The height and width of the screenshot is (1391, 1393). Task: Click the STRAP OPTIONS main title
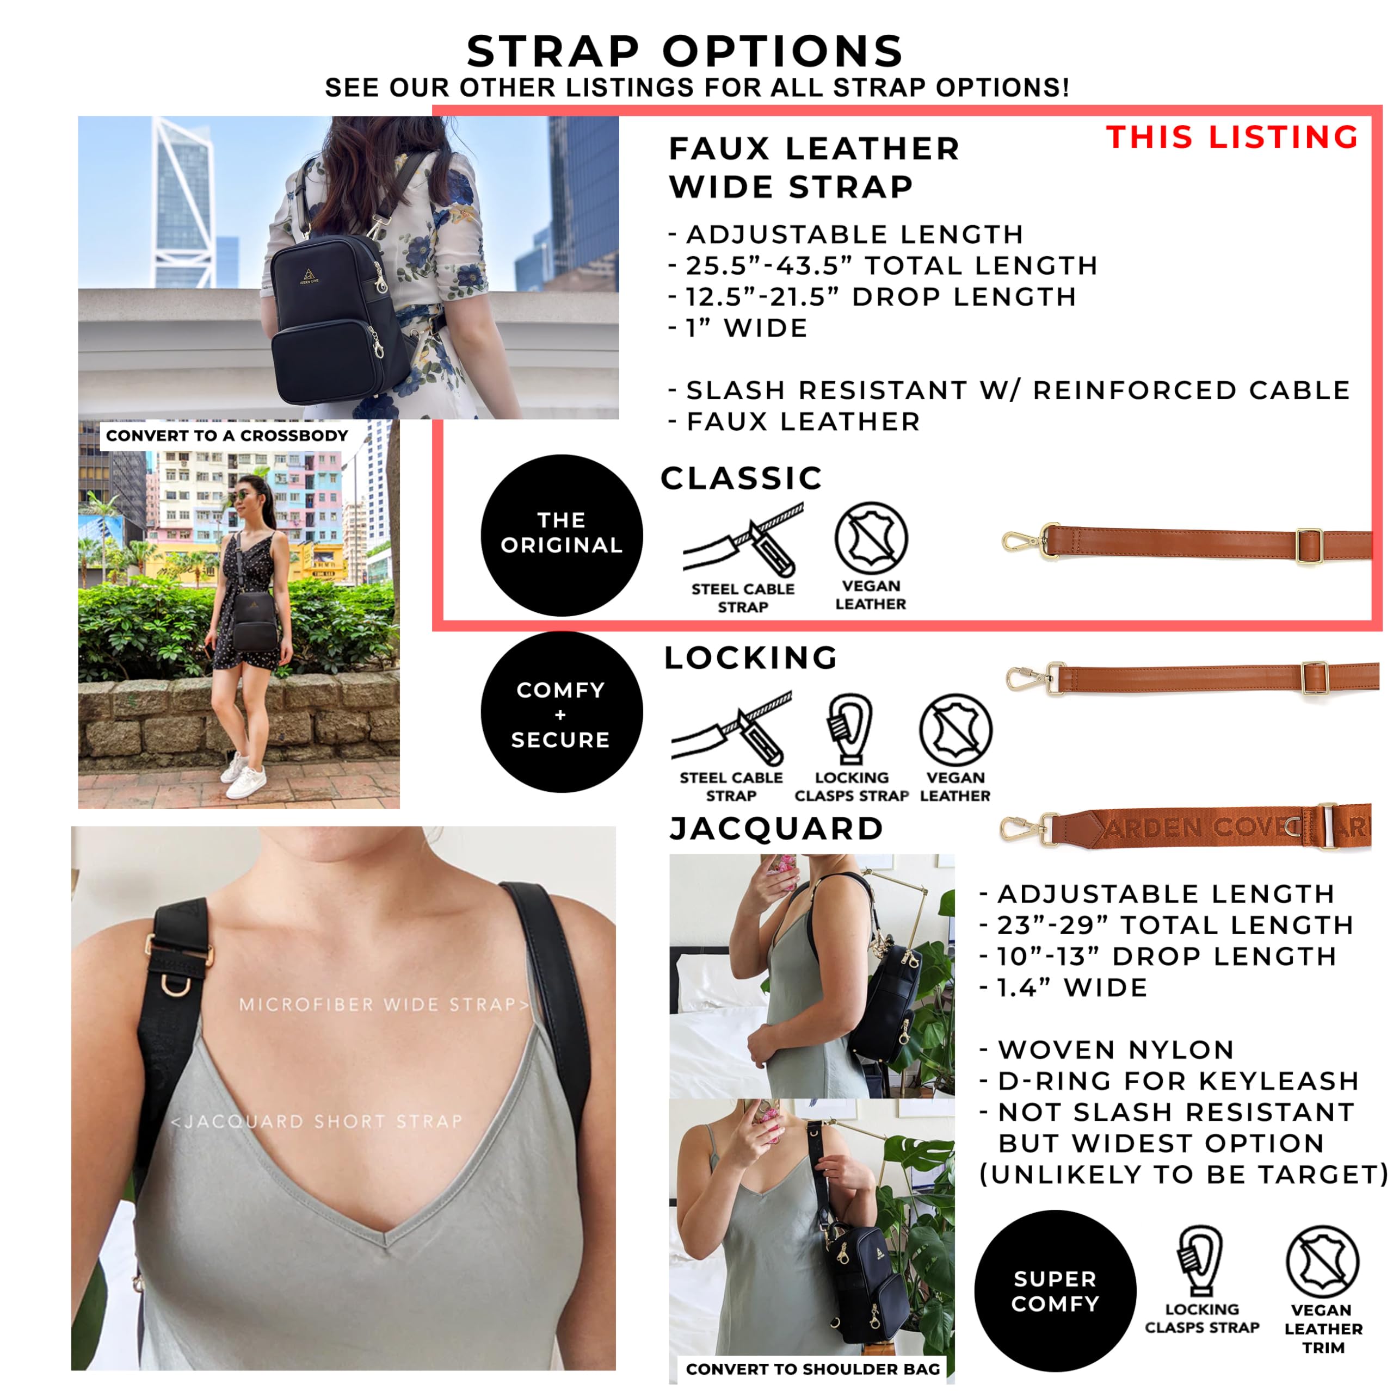(685, 51)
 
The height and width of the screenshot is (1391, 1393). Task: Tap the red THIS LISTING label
(1232, 137)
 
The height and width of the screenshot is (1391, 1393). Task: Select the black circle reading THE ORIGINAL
(562, 535)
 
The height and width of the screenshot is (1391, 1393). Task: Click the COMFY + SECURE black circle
(562, 712)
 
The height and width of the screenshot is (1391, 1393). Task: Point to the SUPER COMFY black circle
(1056, 1291)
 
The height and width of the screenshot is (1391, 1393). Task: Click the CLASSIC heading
(742, 478)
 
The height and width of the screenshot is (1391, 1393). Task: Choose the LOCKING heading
(750, 657)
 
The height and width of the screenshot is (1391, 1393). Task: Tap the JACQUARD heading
(776, 829)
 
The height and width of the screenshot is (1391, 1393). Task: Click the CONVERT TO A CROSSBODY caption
(227, 436)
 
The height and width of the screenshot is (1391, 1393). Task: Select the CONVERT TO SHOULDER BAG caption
(812, 1369)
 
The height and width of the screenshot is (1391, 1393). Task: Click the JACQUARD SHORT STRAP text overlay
(317, 1121)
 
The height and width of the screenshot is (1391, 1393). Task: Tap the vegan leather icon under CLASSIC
(871, 538)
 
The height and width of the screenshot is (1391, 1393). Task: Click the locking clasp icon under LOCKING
(851, 729)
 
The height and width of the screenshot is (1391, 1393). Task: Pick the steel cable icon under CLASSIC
(743, 541)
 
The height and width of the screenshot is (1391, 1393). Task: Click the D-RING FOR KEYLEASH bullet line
(1169, 1081)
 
